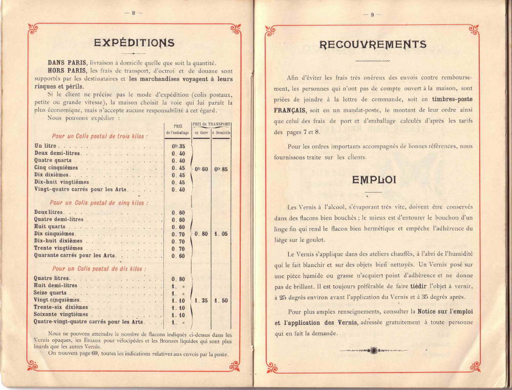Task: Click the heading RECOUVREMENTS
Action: (373, 44)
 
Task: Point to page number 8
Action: (133, 14)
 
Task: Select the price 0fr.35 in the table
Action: (178, 146)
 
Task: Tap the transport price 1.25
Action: (200, 300)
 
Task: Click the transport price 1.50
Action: (221, 300)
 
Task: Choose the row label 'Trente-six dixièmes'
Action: (61, 307)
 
